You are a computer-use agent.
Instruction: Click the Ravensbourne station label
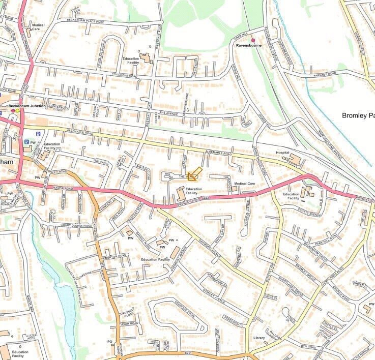(248, 46)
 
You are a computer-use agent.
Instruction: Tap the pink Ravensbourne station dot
(253, 40)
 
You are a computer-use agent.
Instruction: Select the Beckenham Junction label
(27, 106)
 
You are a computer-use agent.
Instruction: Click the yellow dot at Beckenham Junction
(17, 110)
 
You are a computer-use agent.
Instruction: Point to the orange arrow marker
(194, 174)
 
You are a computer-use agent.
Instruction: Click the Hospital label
(282, 153)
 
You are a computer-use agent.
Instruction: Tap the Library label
(259, 338)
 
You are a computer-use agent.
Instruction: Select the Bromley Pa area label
(358, 115)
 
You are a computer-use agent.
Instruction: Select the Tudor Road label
(130, 323)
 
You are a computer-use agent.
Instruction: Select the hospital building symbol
(294, 160)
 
